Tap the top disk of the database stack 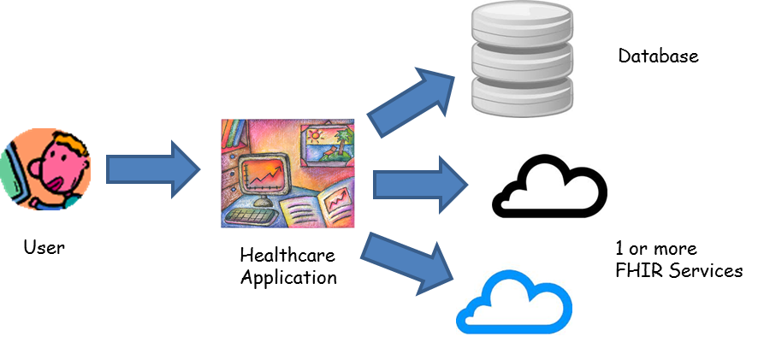click(521, 17)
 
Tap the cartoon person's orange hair click(73, 145)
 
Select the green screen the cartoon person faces click(10, 171)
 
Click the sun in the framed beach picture click(314, 135)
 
